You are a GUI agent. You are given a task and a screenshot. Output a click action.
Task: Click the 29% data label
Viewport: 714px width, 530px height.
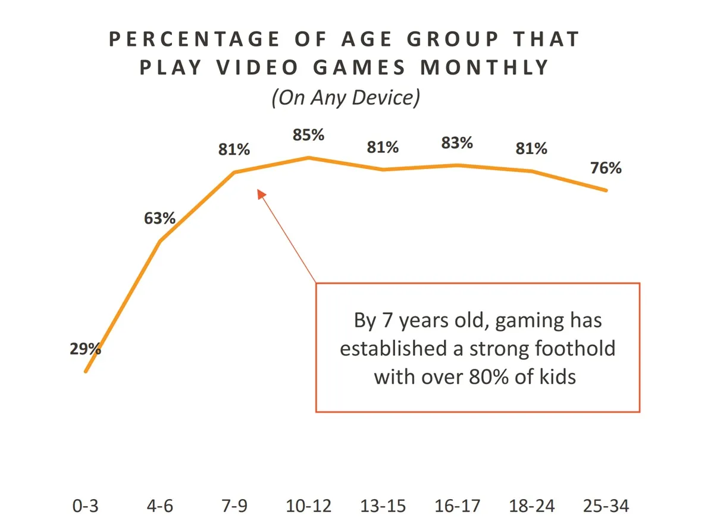pos(85,349)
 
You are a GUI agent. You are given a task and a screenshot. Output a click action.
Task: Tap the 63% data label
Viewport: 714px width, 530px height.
pos(159,218)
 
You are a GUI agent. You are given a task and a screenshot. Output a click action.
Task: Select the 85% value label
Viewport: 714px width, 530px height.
pos(308,136)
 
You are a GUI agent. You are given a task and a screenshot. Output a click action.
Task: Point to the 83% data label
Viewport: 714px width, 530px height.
pos(457,143)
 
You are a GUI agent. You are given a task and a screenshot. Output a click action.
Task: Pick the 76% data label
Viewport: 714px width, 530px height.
pos(606,168)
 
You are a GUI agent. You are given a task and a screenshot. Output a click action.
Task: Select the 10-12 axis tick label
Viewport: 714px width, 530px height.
pos(308,506)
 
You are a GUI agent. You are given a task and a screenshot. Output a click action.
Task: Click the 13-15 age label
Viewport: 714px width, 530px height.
pos(383,506)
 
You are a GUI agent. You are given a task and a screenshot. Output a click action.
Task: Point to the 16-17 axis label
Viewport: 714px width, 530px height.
pos(457,506)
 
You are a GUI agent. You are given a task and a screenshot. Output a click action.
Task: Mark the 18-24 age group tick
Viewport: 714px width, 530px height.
pos(531,506)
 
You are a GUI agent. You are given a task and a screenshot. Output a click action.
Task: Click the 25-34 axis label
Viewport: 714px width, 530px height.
pos(606,506)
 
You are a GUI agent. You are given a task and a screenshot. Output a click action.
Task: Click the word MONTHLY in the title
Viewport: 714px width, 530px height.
pos(484,68)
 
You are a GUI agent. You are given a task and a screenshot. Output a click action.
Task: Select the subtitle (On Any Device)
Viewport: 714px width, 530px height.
pos(346,97)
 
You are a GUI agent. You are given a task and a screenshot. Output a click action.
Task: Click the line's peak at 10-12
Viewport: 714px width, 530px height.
pos(308,158)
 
